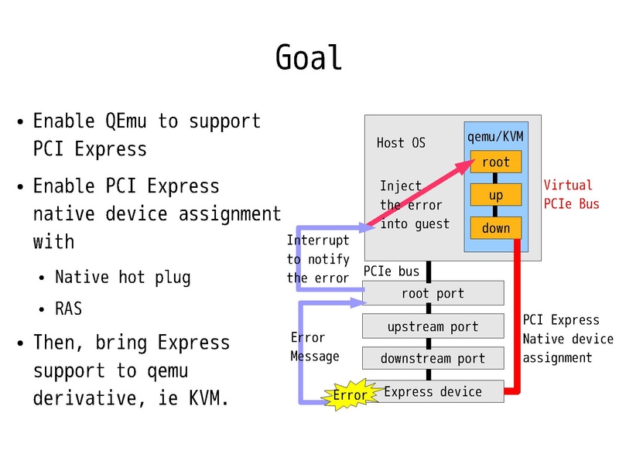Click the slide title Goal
(x=309, y=58)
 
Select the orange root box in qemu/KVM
(x=495, y=162)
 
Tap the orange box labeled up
(x=495, y=195)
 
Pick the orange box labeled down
(x=495, y=227)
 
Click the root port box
(x=433, y=293)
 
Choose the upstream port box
(x=433, y=326)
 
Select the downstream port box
(x=433, y=358)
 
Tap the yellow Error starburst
(x=350, y=395)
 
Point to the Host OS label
(x=401, y=142)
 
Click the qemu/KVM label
(x=495, y=137)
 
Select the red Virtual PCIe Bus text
(x=571, y=194)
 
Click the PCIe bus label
(x=392, y=271)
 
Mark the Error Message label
(x=314, y=346)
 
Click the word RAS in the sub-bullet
(x=68, y=309)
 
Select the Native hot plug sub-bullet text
(x=122, y=277)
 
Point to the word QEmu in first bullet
(x=128, y=121)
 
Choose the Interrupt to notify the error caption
(x=318, y=259)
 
